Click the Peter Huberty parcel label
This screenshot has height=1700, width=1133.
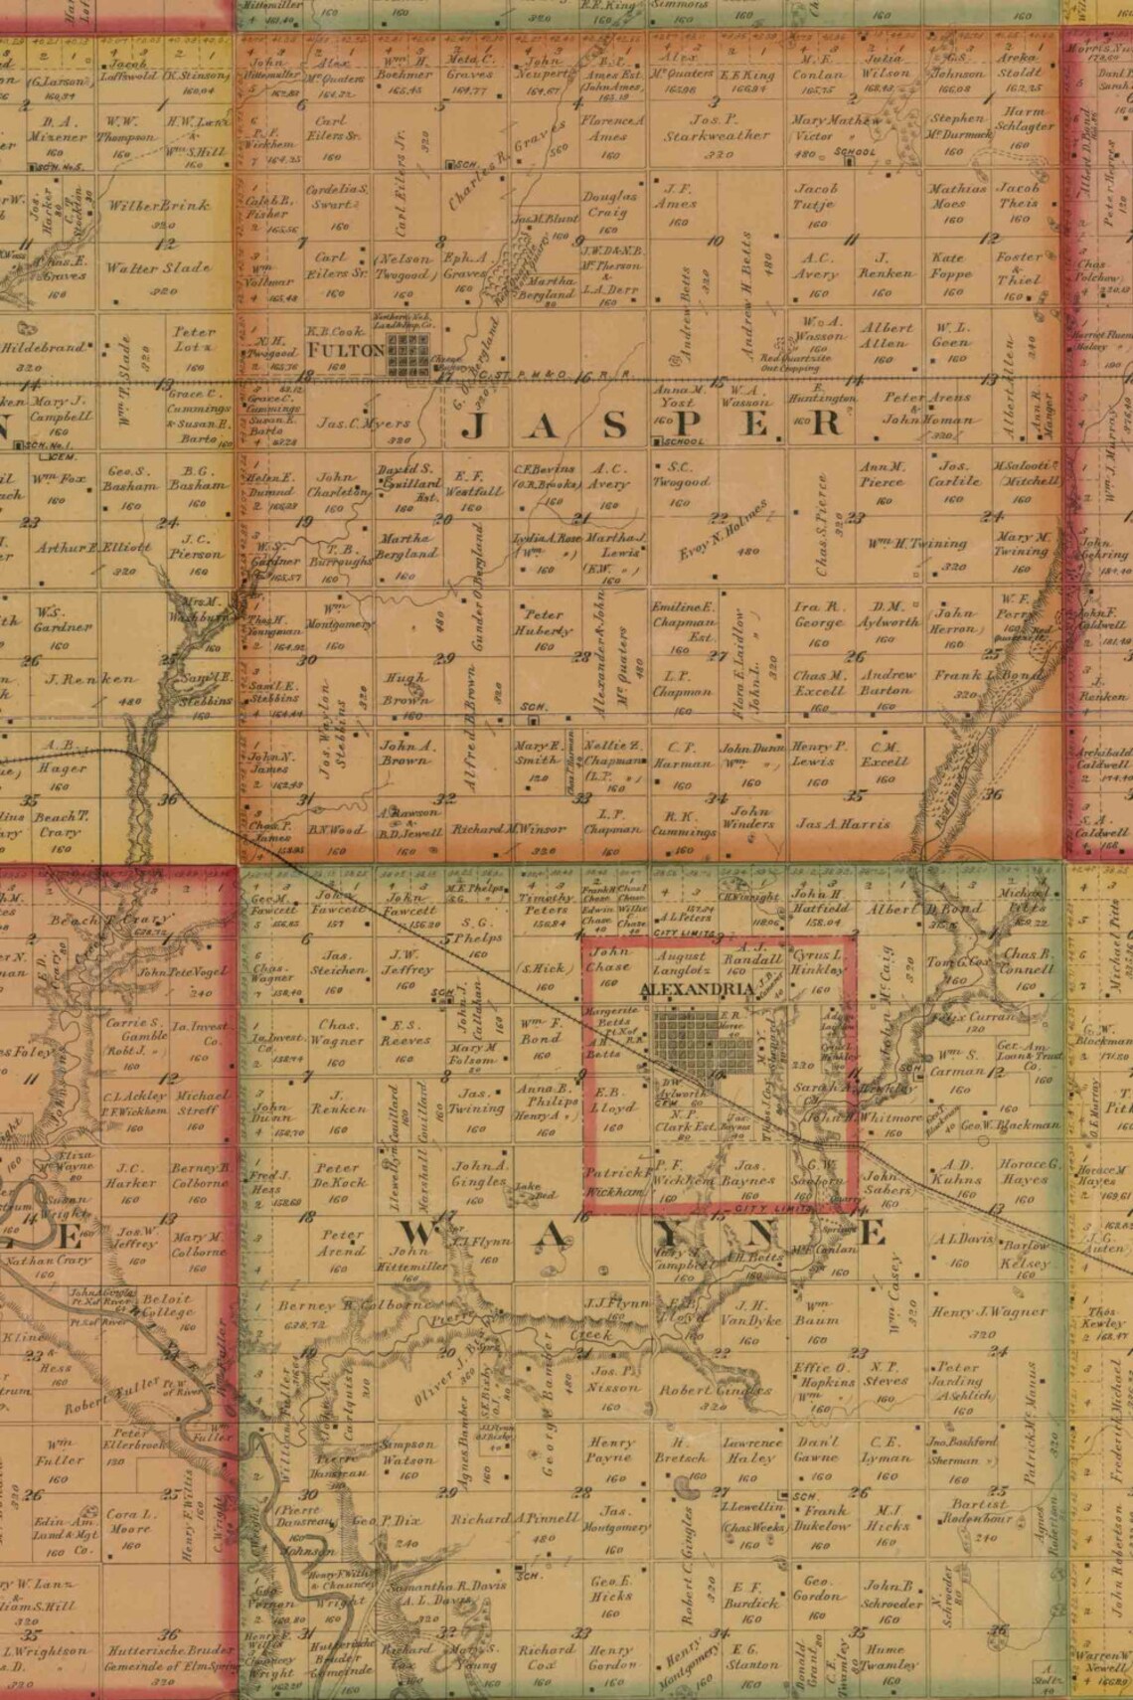click(543, 622)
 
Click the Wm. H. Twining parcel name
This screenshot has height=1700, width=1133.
click(916, 544)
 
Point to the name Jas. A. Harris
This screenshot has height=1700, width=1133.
click(843, 823)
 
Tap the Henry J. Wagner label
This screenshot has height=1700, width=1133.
click(975, 1312)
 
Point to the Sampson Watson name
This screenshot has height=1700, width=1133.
click(407, 1451)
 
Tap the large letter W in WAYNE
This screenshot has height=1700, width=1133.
click(420, 1235)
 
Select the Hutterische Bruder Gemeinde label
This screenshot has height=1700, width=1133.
click(164, 1658)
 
